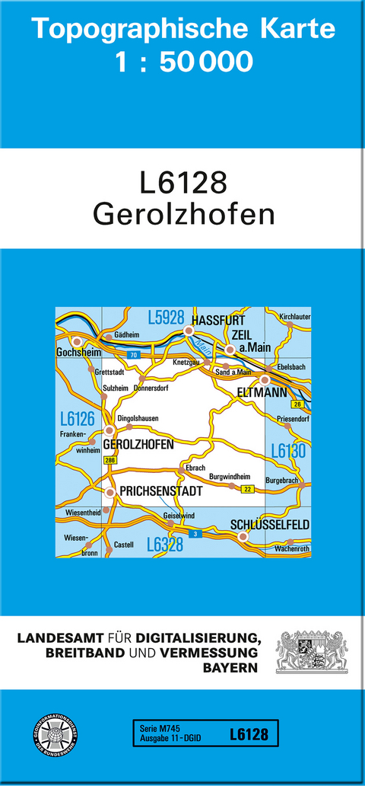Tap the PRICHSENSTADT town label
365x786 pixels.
161,491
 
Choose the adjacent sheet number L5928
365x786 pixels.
167,318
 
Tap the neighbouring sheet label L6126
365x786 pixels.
75,418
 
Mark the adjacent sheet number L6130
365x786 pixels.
287,451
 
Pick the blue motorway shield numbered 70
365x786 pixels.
133,356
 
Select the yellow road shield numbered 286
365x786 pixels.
110,461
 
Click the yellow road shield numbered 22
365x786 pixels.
246,488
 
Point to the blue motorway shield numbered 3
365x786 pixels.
197,534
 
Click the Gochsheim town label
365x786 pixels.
74,353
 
